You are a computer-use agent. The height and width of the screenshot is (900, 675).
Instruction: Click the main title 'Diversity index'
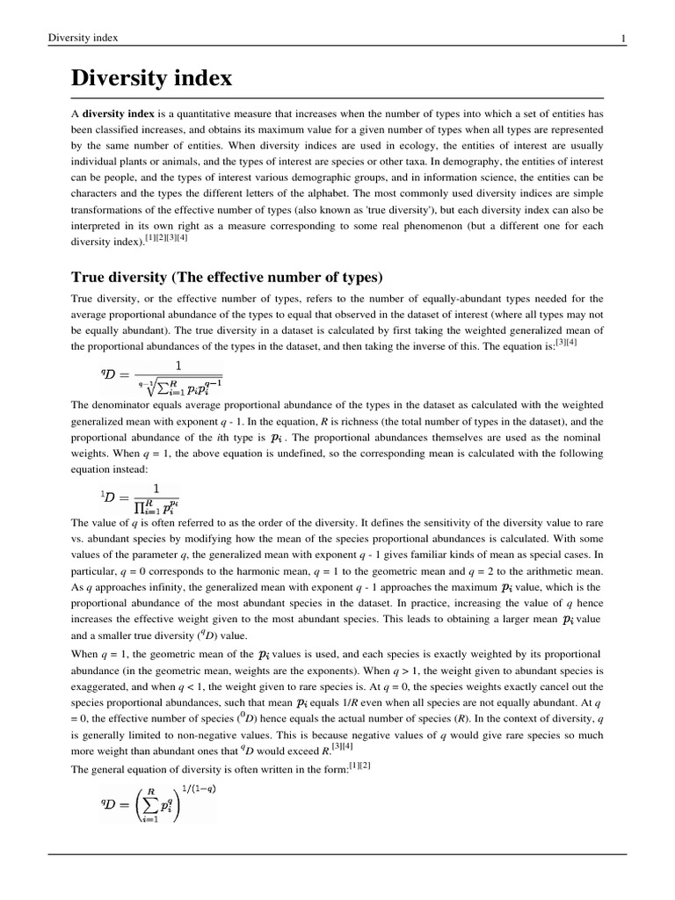click(151, 78)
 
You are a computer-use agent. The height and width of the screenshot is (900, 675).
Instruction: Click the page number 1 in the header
click(622, 38)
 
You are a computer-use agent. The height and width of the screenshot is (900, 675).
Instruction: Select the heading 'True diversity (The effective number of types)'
click(227, 278)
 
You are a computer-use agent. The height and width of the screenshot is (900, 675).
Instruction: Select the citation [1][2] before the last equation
click(359, 765)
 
